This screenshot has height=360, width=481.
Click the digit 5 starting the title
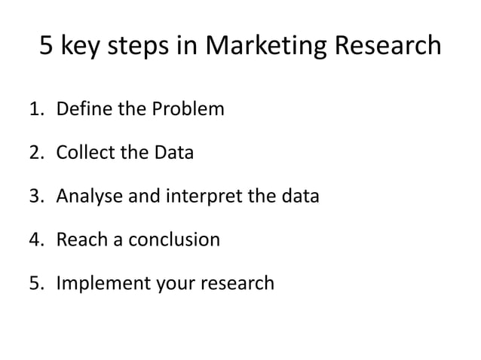46,47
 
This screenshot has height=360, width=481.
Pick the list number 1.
37,109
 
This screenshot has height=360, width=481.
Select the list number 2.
37,153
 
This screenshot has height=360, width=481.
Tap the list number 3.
37,197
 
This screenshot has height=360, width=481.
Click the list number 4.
37,240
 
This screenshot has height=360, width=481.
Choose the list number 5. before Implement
37,284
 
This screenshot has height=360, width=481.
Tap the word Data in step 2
173,153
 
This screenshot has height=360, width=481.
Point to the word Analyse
86,197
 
